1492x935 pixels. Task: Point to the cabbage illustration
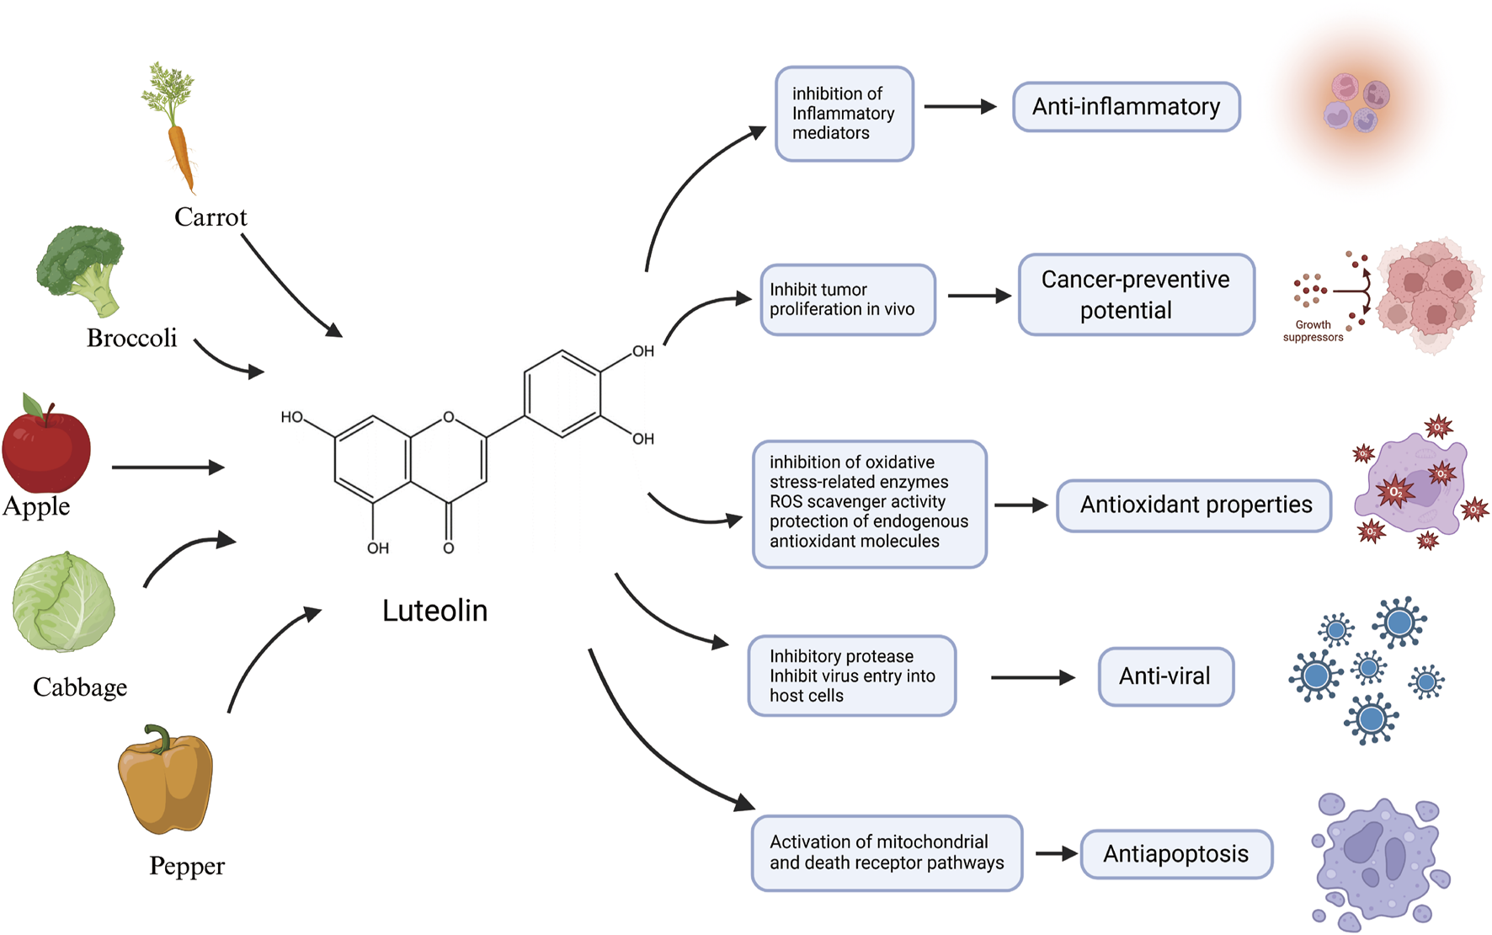click(x=63, y=603)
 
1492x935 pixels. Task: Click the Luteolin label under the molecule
click(x=434, y=611)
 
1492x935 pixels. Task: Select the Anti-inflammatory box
click(x=1126, y=107)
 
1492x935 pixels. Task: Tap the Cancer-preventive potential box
click(x=1136, y=295)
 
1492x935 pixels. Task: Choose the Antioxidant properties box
click(x=1194, y=505)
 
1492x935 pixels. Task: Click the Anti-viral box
click(x=1165, y=676)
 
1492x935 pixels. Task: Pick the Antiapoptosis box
click(x=1175, y=854)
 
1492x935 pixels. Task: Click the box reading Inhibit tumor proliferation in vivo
click(x=847, y=300)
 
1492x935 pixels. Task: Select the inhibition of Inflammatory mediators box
click(x=844, y=114)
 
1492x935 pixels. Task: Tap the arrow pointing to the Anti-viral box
click(x=1032, y=677)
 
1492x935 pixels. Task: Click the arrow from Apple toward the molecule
click(x=168, y=467)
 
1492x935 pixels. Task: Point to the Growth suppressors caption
click(x=1313, y=331)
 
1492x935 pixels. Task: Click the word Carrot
click(x=210, y=217)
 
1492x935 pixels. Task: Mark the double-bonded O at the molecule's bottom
click(x=449, y=548)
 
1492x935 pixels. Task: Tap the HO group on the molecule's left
click(x=291, y=417)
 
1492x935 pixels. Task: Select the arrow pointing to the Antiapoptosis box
click(x=1056, y=854)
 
